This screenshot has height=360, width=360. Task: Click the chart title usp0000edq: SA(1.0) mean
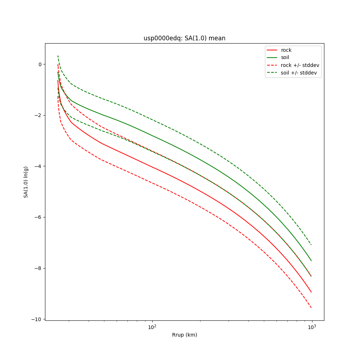click(x=184, y=38)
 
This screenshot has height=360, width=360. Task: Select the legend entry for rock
click(x=286, y=50)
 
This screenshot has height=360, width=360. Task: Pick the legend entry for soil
click(x=285, y=58)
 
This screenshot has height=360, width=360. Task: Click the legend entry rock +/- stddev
click(x=300, y=65)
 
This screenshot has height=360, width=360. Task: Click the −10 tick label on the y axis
click(x=37, y=319)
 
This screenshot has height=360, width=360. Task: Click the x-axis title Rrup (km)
click(x=184, y=335)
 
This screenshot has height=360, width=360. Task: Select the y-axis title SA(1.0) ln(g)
click(x=26, y=182)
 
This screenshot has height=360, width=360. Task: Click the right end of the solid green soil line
click(x=311, y=261)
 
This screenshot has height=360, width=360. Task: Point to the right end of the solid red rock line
click(x=311, y=292)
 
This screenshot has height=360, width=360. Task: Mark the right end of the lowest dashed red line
click(x=311, y=308)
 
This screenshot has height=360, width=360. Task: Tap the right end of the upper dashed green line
click(x=311, y=245)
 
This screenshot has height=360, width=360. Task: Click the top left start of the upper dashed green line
click(x=58, y=56)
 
